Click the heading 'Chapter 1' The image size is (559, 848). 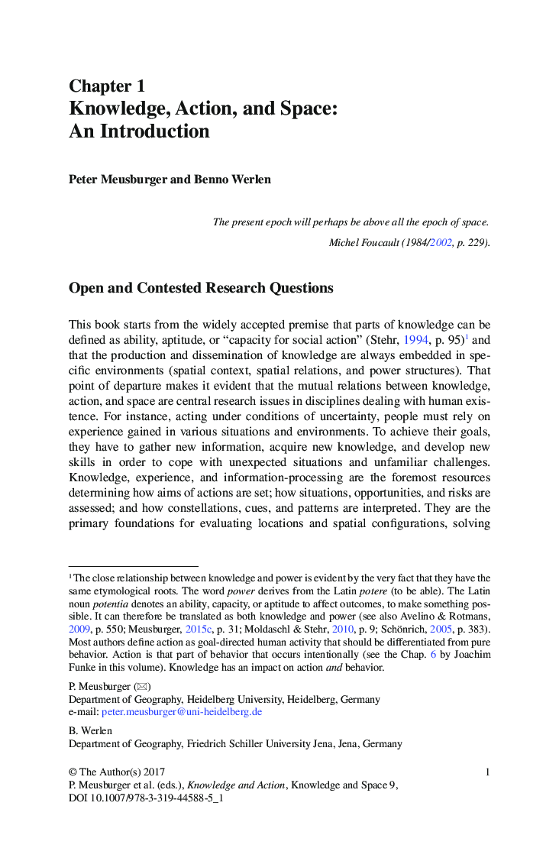107,86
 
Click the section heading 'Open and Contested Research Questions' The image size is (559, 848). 201,288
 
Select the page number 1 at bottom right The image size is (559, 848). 487,772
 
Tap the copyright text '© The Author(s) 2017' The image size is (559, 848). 117,772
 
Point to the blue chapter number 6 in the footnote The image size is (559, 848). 432,655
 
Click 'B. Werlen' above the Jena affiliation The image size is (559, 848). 90,730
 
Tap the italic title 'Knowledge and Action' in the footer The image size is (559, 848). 236,785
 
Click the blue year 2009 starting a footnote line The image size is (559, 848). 79,629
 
